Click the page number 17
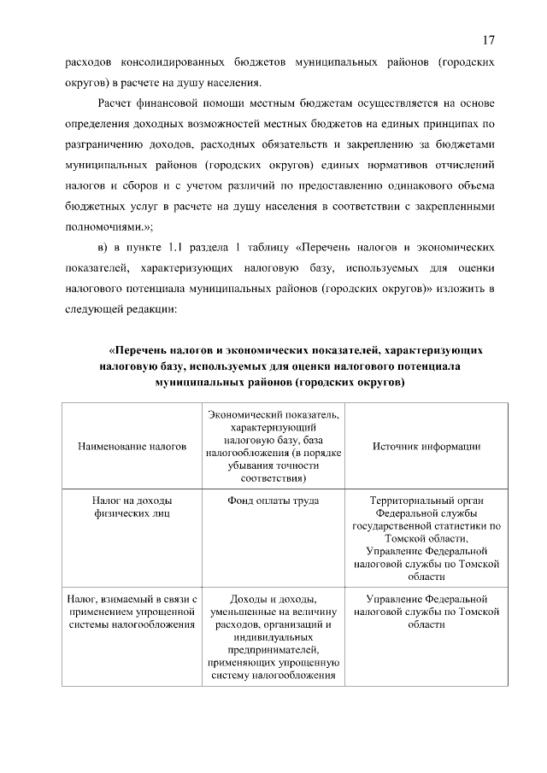point(488,41)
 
